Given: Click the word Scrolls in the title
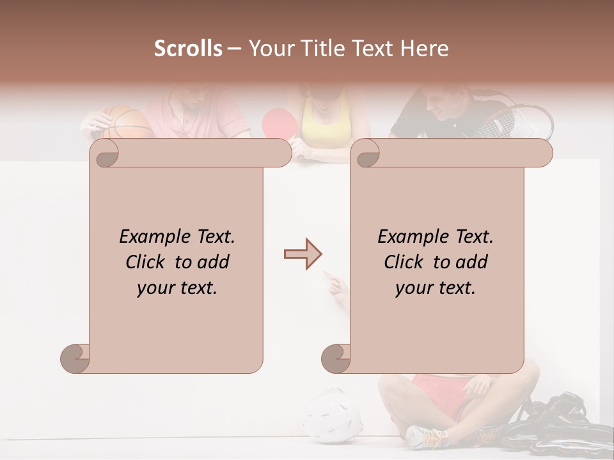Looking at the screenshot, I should coord(188,49).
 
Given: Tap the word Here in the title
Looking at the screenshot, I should coord(425,49).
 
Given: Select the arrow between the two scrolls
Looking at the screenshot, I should coord(303,254).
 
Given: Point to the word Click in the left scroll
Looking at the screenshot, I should coord(147,263).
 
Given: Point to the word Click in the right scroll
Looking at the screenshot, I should coord(405,263).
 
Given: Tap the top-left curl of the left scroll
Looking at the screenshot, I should coord(105,153).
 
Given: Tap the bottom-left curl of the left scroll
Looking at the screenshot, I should coord(75,358).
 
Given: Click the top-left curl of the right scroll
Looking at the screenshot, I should coord(366,153).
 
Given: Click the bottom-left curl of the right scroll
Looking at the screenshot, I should coord(336,358).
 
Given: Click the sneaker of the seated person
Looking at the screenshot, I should coord(427,437).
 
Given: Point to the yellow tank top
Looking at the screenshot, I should coord(326,125).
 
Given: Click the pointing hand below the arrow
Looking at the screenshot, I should coord(335,282).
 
